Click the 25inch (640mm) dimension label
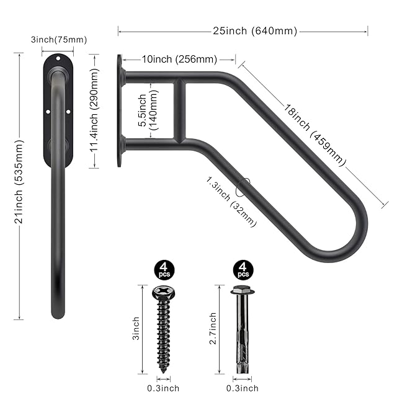(x=255, y=31)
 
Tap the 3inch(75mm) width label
(x=59, y=40)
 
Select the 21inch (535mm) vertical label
(x=19, y=182)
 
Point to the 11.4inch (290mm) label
(x=94, y=110)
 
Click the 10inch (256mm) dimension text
(x=179, y=60)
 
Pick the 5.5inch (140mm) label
(x=148, y=110)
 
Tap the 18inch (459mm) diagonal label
(x=314, y=135)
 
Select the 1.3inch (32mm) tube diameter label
(x=231, y=201)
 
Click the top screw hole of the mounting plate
(x=58, y=58)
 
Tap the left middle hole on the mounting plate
(x=48, y=112)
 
